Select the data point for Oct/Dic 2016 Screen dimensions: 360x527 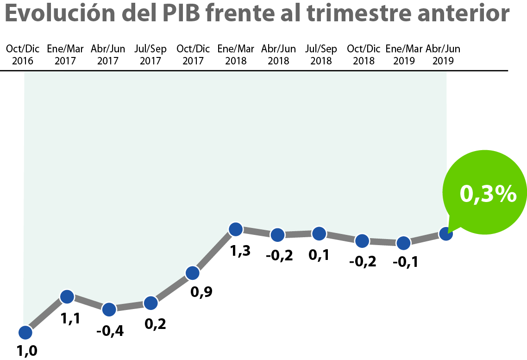25,332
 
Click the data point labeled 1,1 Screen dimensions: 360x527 67,297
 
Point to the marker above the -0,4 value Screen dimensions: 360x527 109,309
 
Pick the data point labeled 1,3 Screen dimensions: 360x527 236,228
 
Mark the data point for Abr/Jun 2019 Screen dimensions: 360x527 445,234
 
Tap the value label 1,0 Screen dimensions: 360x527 27,351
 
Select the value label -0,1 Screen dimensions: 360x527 405,262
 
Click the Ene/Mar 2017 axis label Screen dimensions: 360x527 65,55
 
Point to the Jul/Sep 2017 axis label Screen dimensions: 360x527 151,55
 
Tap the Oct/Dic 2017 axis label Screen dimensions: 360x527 193,55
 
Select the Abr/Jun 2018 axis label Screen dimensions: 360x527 278,55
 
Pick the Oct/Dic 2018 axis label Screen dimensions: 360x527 364,55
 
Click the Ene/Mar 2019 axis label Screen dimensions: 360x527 404,55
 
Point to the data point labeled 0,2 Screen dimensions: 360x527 151,303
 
